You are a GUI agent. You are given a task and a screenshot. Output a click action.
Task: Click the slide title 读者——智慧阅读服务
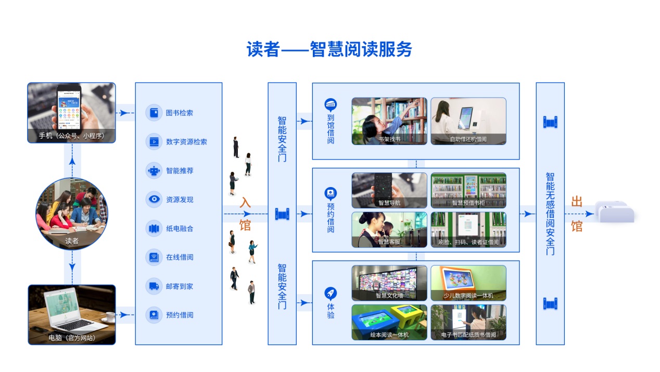point(329,49)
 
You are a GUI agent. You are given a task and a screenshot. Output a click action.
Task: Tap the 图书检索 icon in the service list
point(154,113)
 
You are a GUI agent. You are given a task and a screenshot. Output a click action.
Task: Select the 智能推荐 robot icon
point(154,170)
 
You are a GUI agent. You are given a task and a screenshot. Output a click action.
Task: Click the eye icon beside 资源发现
point(154,200)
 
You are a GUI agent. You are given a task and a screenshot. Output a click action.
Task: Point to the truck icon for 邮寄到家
point(154,286)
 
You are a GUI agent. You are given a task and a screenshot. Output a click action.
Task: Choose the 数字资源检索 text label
point(186,142)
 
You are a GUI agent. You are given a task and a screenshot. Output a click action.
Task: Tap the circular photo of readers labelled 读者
point(72,214)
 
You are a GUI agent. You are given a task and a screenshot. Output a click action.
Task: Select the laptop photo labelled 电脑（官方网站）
point(72,314)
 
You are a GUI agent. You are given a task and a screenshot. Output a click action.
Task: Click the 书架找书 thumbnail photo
point(389,121)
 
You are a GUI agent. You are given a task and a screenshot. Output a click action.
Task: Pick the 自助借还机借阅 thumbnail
point(468,121)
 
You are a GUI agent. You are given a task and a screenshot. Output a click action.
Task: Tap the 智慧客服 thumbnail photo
point(389,229)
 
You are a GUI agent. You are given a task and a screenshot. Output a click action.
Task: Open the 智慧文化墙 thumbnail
point(389,283)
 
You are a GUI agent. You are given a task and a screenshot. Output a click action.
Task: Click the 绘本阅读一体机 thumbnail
point(389,322)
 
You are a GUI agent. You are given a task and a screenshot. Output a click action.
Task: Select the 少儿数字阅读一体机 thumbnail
point(468,283)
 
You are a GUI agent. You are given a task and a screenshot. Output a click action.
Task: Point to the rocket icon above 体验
point(331,293)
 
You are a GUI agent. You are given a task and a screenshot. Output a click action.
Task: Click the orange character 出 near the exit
point(577,202)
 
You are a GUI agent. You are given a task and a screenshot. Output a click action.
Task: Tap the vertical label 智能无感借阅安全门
point(550,214)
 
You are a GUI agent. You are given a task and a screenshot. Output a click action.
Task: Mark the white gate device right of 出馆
point(615,212)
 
